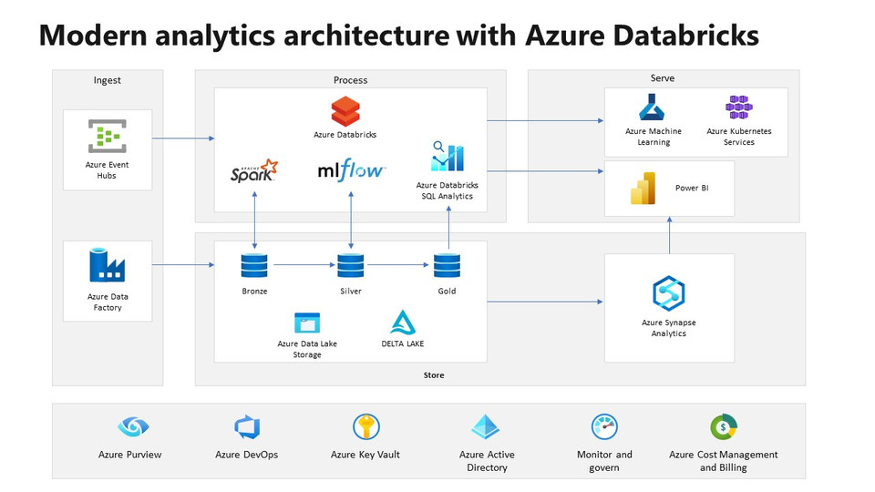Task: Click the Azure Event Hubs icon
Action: click(107, 137)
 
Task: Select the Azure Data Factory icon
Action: click(107, 265)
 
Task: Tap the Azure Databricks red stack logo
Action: click(345, 112)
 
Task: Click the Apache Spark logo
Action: click(254, 170)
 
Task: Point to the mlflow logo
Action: click(351, 170)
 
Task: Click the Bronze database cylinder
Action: click(254, 266)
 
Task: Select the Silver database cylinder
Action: click(351, 266)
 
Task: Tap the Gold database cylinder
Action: click(447, 266)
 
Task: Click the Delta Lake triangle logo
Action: click(403, 323)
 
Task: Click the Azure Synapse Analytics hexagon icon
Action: click(669, 293)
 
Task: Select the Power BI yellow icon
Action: click(643, 188)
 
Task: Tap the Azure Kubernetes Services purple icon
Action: click(739, 108)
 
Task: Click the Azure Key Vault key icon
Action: click(365, 426)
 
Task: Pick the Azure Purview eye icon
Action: click(133, 426)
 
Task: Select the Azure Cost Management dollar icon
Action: click(724, 426)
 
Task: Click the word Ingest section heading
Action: click(107, 80)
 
